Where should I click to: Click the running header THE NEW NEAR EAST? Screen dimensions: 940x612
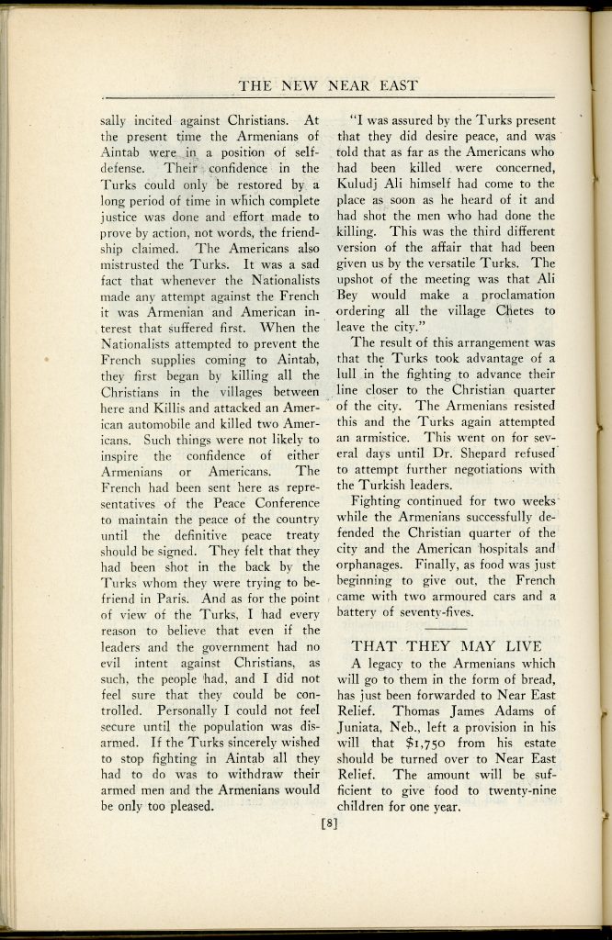[328, 85]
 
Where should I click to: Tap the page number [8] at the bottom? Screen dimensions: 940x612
[329, 822]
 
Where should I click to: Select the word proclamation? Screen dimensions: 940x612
[510, 295]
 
